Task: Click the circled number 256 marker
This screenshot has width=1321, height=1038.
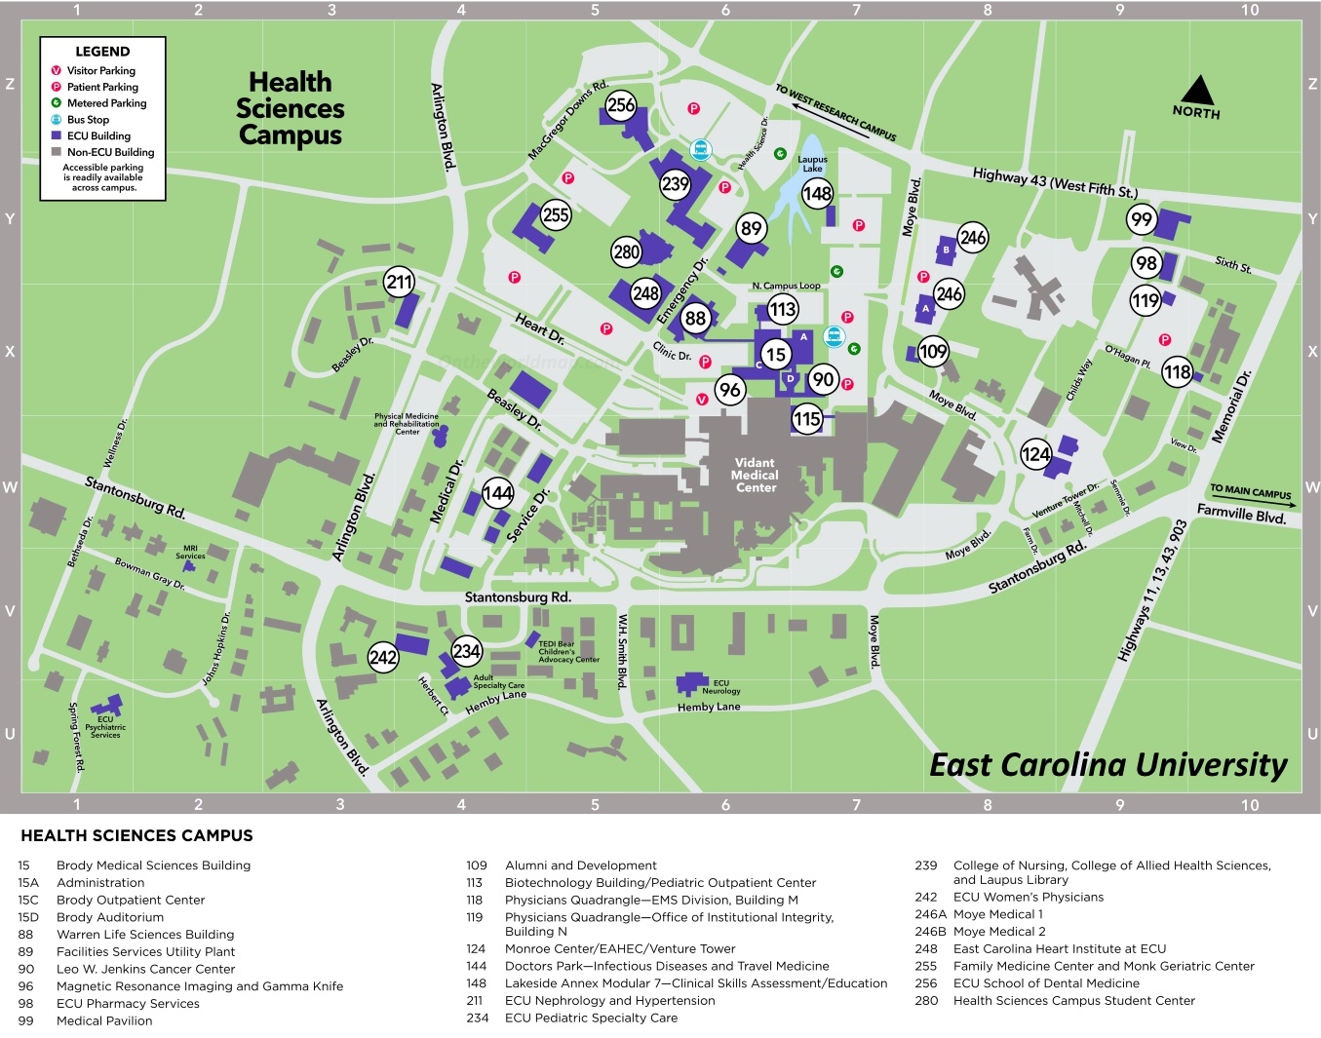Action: click(x=621, y=105)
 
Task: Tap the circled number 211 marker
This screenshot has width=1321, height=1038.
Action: click(x=400, y=283)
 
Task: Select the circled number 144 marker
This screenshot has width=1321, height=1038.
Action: click(x=498, y=493)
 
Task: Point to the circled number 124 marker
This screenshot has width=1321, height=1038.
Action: click(x=1035, y=454)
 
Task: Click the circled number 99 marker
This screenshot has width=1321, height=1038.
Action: click(x=1142, y=219)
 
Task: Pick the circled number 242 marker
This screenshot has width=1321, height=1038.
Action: click(x=383, y=657)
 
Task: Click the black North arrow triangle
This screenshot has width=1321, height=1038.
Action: click(x=1197, y=91)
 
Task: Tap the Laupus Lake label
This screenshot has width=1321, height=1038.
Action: click(x=812, y=164)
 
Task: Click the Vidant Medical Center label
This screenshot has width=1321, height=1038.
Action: click(x=756, y=476)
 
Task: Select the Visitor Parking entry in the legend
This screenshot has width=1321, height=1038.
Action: click(x=100, y=70)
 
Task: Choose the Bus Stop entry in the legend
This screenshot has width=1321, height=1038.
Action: click(x=88, y=119)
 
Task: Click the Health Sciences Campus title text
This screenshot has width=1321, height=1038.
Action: click(x=291, y=108)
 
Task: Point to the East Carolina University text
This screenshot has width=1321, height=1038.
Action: click(x=1108, y=765)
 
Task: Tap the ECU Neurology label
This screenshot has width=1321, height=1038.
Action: click(x=720, y=687)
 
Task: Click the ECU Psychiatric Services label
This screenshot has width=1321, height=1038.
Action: click(x=105, y=727)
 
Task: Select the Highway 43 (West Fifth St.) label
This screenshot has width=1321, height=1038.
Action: click(x=1055, y=181)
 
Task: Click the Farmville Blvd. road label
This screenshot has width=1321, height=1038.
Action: click(x=1241, y=513)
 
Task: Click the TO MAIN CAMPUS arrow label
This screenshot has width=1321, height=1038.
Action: click(x=1250, y=491)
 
